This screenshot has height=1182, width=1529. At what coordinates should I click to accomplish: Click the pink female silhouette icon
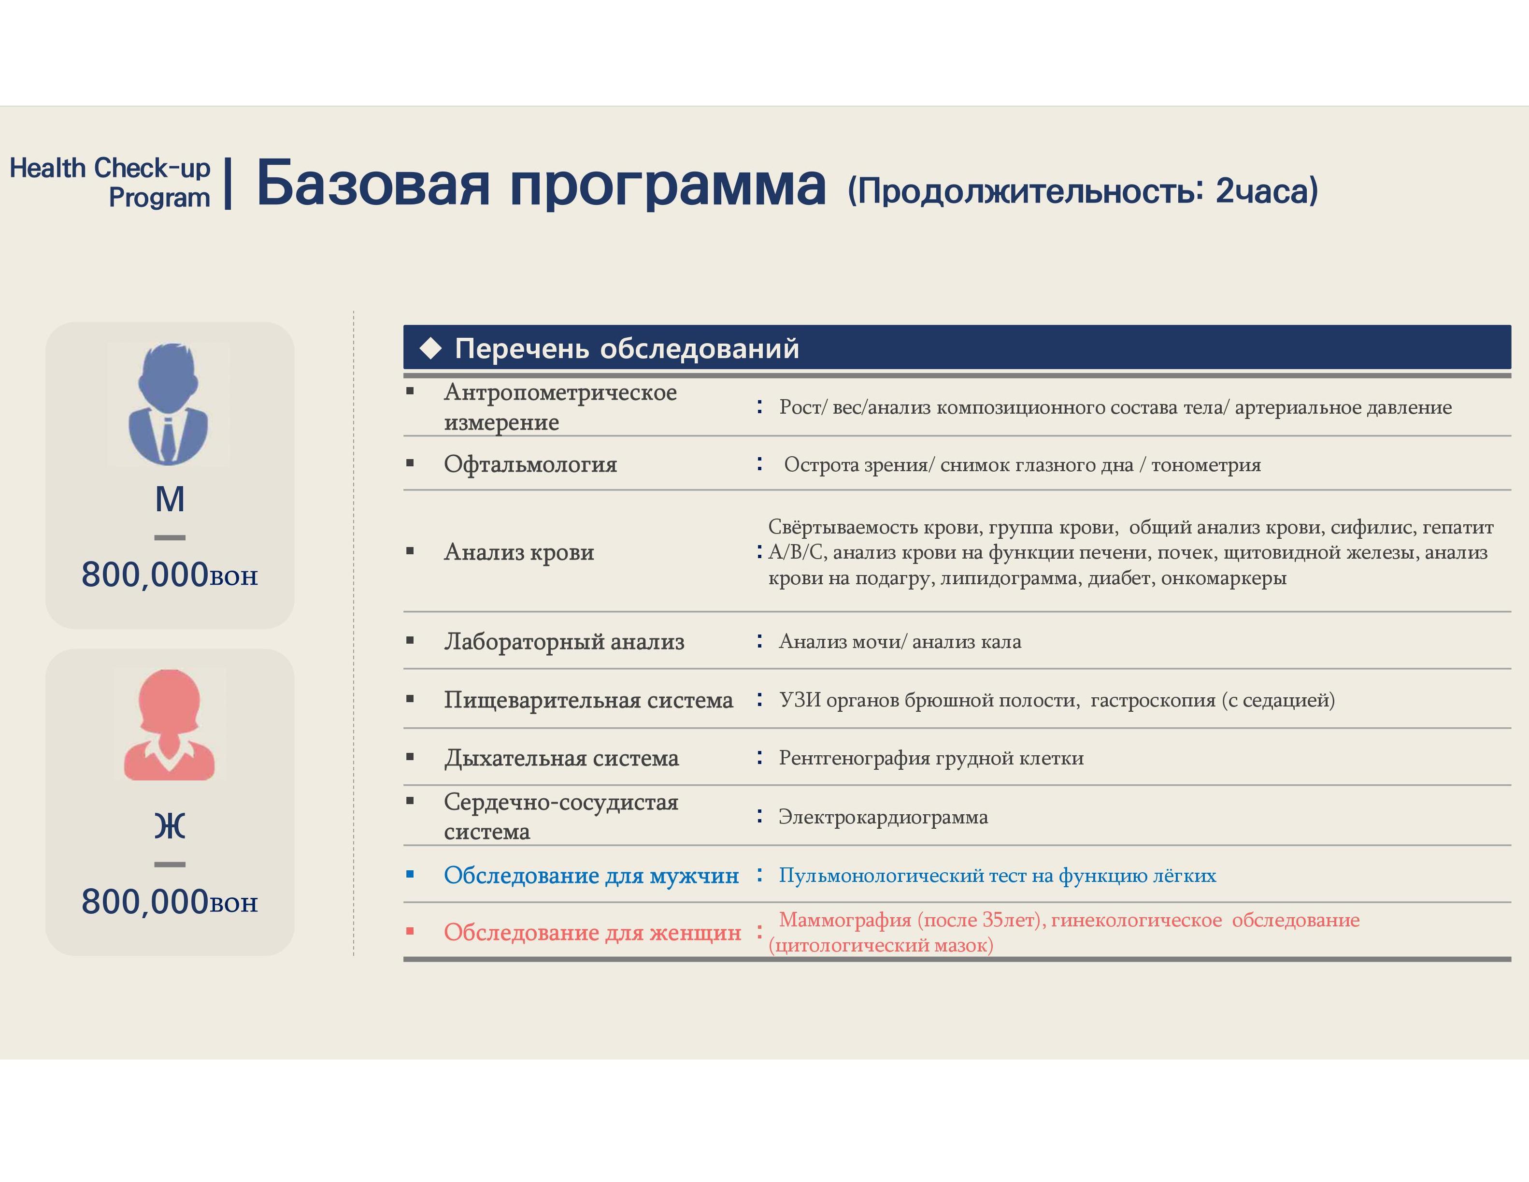(170, 725)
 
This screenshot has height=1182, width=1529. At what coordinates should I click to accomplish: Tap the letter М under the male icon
(170, 499)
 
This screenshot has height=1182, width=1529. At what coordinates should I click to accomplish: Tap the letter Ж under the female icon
(170, 826)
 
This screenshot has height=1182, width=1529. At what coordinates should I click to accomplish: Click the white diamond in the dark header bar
(430, 348)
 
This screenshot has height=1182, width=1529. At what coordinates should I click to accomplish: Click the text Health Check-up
(110, 168)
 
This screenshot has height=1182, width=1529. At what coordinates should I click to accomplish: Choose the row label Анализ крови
(519, 552)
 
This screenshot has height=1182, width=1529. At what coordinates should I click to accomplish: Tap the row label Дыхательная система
(561, 758)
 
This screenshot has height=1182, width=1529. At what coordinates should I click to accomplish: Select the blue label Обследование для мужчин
(592, 875)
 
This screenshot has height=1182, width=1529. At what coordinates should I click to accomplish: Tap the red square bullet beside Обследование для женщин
(410, 931)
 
